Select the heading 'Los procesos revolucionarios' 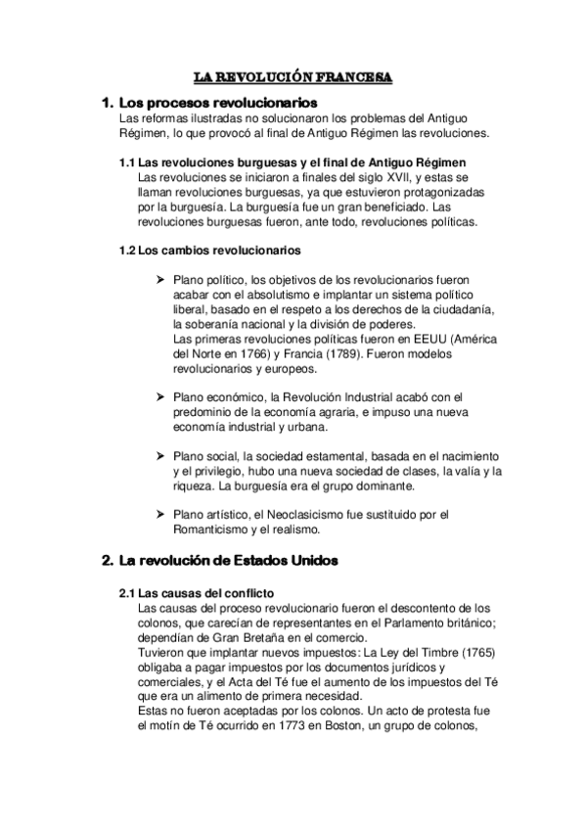[x=216, y=101]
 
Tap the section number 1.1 [x=127, y=161]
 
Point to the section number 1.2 [x=127, y=250]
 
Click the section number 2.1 [x=127, y=593]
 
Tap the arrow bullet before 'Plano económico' [x=162, y=396]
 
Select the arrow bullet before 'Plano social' [x=162, y=456]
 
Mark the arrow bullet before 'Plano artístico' [x=162, y=516]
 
